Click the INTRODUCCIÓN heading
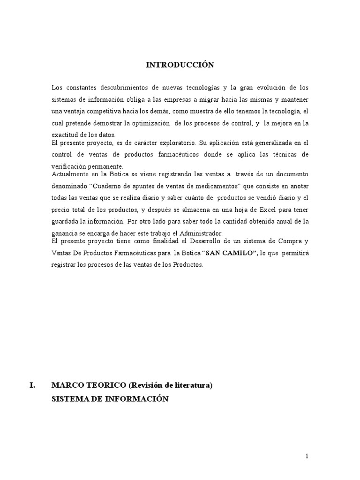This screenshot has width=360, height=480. (x=180, y=65)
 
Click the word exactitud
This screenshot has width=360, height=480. (x=65, y=135)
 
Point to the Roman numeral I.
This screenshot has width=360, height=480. (x=32, y=385)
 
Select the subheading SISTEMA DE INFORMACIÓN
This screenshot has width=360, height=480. (x=109, y=398)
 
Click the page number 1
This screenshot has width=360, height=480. (x=307, y=457)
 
